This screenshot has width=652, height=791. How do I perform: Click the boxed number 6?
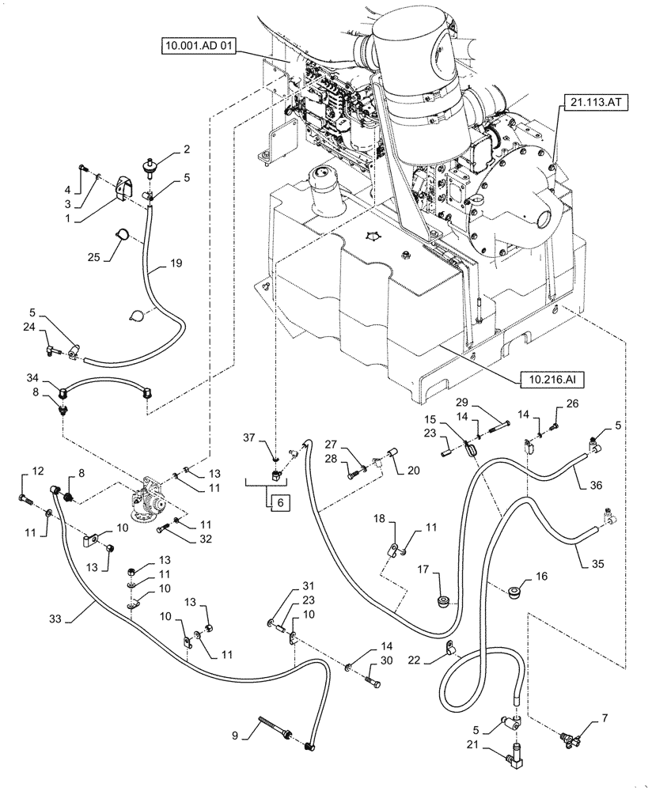pos(279,501)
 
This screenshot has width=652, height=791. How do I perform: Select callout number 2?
pos(187,148)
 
